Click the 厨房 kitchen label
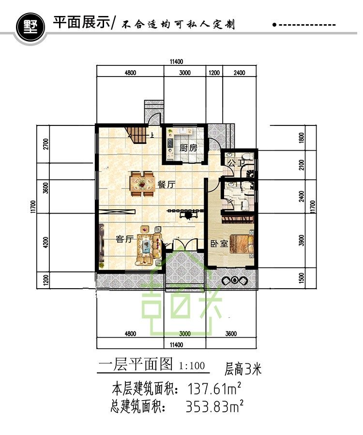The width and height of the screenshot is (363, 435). pyautogui.click(x=188, y=148)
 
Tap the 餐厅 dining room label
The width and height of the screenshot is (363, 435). pyautogui.click(x=166, y=185)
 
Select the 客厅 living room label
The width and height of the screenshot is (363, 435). pyautogui.click(x=125, y=239)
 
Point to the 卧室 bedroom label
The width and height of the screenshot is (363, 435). pyautogui.click(x=219, y=244)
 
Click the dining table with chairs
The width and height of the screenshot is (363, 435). pyautogui.click(x=142, y=184)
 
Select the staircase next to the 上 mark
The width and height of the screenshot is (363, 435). pyautogui.click(x=136, y=134)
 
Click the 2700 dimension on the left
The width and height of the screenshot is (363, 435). pyautogui.click(x=46, y=144)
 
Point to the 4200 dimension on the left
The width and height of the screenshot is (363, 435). pyautogui.click(x=46, y=243)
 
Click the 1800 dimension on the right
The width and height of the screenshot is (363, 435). pyautogui.click(x=302, y=138)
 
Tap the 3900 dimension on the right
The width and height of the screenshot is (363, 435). pyautogui.click(x=302, y=240)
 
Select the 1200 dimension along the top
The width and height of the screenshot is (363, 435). pyautogui.click(x=214, y=73)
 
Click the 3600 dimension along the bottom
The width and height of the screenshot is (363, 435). pyautogui.click(x=231, y=333)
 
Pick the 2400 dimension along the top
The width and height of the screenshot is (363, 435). pyautogui.click(x=240, y=73)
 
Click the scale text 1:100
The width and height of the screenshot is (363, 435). pyautogui.click(x=192, y=366)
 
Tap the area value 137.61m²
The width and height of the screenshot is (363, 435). pyautogui.click(x=214, y=389)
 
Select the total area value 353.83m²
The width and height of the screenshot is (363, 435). pyautogui.click(x=214, y=406)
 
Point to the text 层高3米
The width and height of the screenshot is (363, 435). pyautogui.click(x=243, y=369)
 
